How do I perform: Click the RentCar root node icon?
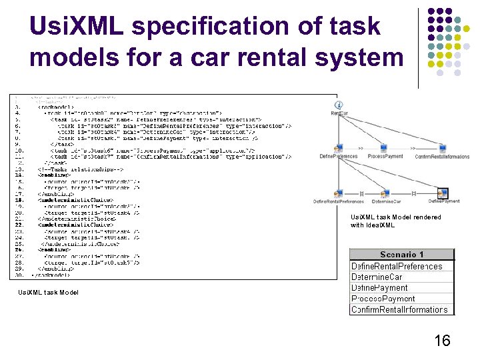339,105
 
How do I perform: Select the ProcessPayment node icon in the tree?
383,148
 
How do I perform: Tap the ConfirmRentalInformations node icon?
441,148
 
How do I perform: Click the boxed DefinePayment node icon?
443,193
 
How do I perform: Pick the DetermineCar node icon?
386,193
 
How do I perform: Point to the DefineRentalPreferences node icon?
338,193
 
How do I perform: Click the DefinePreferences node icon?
338,148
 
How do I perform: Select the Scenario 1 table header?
401,255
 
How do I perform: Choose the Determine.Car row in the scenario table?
377,277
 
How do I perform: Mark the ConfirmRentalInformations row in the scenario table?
399,309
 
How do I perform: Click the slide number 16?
442,341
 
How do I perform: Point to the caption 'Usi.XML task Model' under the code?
48,292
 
